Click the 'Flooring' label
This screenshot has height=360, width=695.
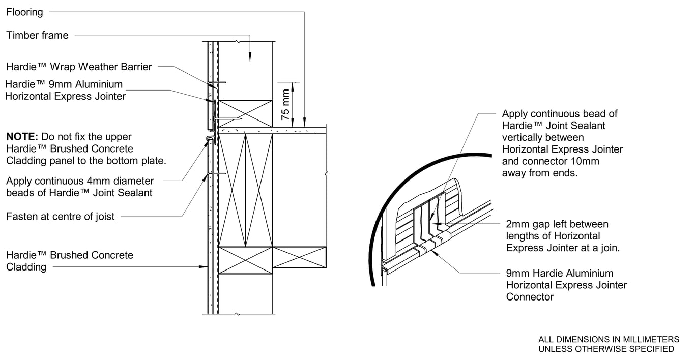pos(24,12)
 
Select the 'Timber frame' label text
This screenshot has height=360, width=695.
pos(37,35)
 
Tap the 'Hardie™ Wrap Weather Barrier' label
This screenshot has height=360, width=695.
pos(79,67)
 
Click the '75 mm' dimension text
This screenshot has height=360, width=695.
pos(286,104)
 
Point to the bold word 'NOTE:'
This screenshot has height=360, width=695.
pos(22,137)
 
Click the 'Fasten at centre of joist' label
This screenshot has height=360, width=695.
pos(60,217)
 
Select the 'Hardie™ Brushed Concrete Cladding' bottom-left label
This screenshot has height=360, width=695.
pos(69,261)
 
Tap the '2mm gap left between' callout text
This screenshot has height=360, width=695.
pos(557,224)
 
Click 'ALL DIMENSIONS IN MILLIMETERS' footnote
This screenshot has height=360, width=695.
pos(609,339)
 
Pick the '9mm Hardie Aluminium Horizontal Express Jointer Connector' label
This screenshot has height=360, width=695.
pos(566,285)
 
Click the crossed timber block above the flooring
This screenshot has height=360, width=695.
pos(245,113)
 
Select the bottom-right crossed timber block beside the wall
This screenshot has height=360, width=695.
pos(299,257)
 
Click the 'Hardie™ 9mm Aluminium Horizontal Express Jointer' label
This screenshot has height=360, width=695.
pos(65,90)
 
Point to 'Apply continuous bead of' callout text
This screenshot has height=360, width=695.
pos(560,114)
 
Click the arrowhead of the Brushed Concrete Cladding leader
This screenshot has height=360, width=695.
pos(204,266)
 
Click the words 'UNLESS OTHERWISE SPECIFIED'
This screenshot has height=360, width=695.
pos(606,349)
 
